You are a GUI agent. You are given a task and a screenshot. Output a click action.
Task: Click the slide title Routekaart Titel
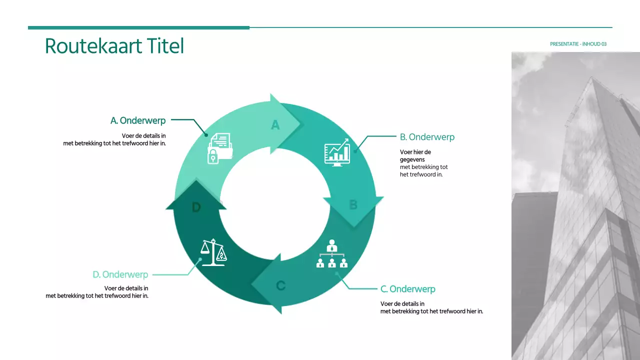click(114, 46)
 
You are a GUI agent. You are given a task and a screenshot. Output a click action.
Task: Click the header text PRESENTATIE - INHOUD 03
click(578, 44)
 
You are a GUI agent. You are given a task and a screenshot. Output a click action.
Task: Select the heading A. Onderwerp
click(138, 120)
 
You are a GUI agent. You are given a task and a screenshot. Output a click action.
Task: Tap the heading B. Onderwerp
click(427, 136)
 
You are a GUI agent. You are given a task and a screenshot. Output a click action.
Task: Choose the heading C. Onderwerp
click(407, 289)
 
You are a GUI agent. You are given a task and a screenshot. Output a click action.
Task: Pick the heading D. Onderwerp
click(120, 274)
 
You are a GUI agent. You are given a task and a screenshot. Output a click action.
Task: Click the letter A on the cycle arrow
click(275, 125)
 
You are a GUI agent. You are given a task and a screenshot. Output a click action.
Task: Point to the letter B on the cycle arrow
click(353, 205)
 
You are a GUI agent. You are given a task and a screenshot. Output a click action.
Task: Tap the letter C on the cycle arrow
click(280, 285)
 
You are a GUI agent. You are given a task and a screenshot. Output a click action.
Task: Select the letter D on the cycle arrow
click(196, 207)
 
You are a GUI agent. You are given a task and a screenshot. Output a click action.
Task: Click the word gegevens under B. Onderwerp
click(412, 159)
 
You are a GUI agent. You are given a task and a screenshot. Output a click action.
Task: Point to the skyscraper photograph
click(575, 205)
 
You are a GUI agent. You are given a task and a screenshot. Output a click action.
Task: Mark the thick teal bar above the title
click(138, 27)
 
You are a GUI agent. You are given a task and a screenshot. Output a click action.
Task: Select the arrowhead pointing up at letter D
click(196, 192)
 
